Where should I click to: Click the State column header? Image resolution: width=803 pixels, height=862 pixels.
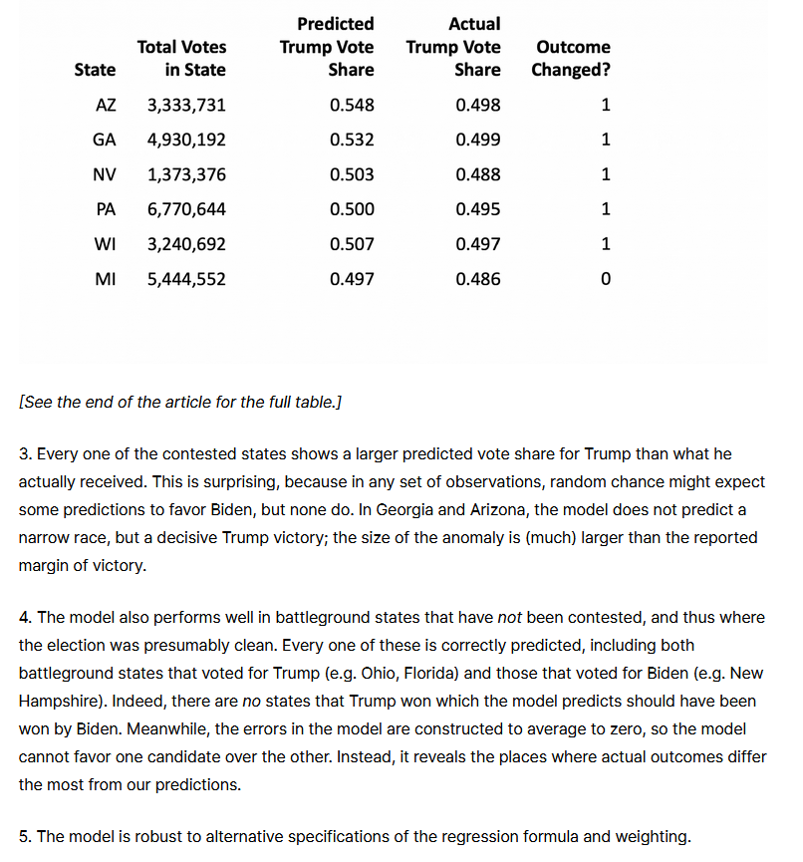pyautogui.click(x=95, y=70)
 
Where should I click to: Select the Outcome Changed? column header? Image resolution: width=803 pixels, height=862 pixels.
pyautogui.click(x=572, y=58)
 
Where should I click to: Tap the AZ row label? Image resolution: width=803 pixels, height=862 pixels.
pyautogui.click(x=105, y=105)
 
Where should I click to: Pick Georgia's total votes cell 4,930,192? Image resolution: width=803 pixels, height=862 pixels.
pyautogui.click(x=186, y=140)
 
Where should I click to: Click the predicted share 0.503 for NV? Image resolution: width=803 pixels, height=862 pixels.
pyautogui.click(x=352, y=174)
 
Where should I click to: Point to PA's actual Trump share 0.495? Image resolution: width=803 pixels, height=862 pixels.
pyautogui.click(x=478, y=209)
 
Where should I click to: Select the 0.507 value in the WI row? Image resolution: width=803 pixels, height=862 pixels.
pyautogui.click(x=352, y=244)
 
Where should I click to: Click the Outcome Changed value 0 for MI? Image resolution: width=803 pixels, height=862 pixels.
pyautogui.click(x=606, y=279)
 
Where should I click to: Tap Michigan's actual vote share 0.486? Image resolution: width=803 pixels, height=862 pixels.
pyautogui.click(x=478, y=279)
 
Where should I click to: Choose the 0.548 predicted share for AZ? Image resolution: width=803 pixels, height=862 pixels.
pyautogui.click(x=352, y=105)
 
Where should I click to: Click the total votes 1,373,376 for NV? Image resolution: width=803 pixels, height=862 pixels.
pyautogui.click(x=186, y=174)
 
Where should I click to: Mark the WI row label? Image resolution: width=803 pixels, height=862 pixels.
pyautogui.click(x=104, y=244)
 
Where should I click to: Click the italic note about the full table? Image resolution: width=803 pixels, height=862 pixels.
pyautogui.click(x=180, y=402)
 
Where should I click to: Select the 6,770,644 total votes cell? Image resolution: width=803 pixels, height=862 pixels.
pyautogui.click(x=186, y=209)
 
